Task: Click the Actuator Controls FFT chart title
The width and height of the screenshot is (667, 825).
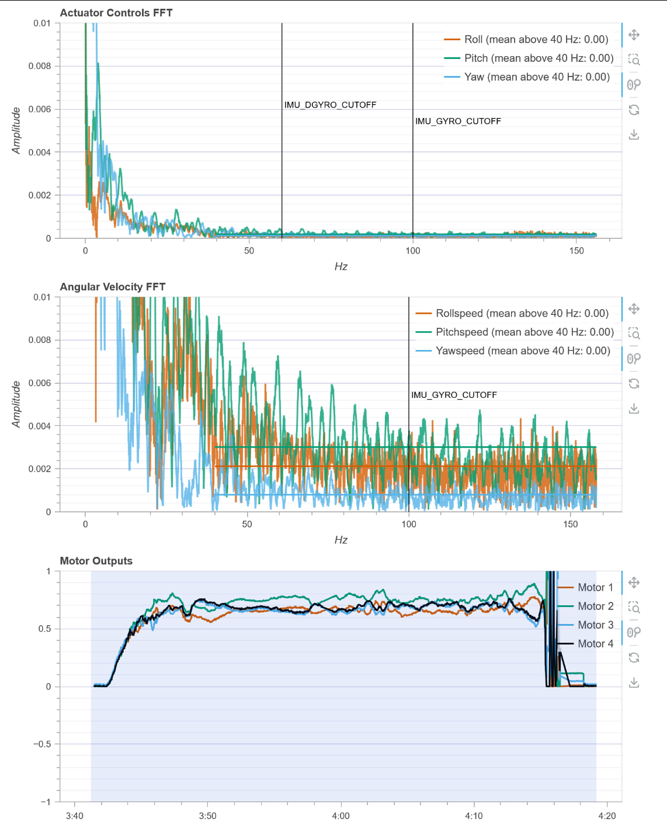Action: click(x=116, y=13)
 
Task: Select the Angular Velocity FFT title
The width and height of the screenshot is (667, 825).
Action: click(x=113, y=287)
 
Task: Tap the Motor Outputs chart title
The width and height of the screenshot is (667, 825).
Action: click(x=96, y=561)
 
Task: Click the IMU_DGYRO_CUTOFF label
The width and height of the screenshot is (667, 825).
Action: click(x=330, y=105)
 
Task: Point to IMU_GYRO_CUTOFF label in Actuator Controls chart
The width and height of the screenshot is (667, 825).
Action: click(x=458, y=122)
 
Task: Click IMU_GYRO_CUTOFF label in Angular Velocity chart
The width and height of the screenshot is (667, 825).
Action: click(x=454, y=395)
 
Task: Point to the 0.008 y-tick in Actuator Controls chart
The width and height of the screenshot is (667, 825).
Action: click(x=40, y=66)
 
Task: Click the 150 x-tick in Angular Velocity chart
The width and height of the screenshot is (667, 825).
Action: click(x=571, y=524)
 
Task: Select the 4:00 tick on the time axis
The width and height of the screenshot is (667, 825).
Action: click(x=341, y=816)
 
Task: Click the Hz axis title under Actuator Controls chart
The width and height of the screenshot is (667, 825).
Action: click(x=341, y=266)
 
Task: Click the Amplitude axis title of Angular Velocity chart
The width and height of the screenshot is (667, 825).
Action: click(x=16, y=404)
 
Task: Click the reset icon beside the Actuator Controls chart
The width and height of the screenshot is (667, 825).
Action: click(x=634, y=110)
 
